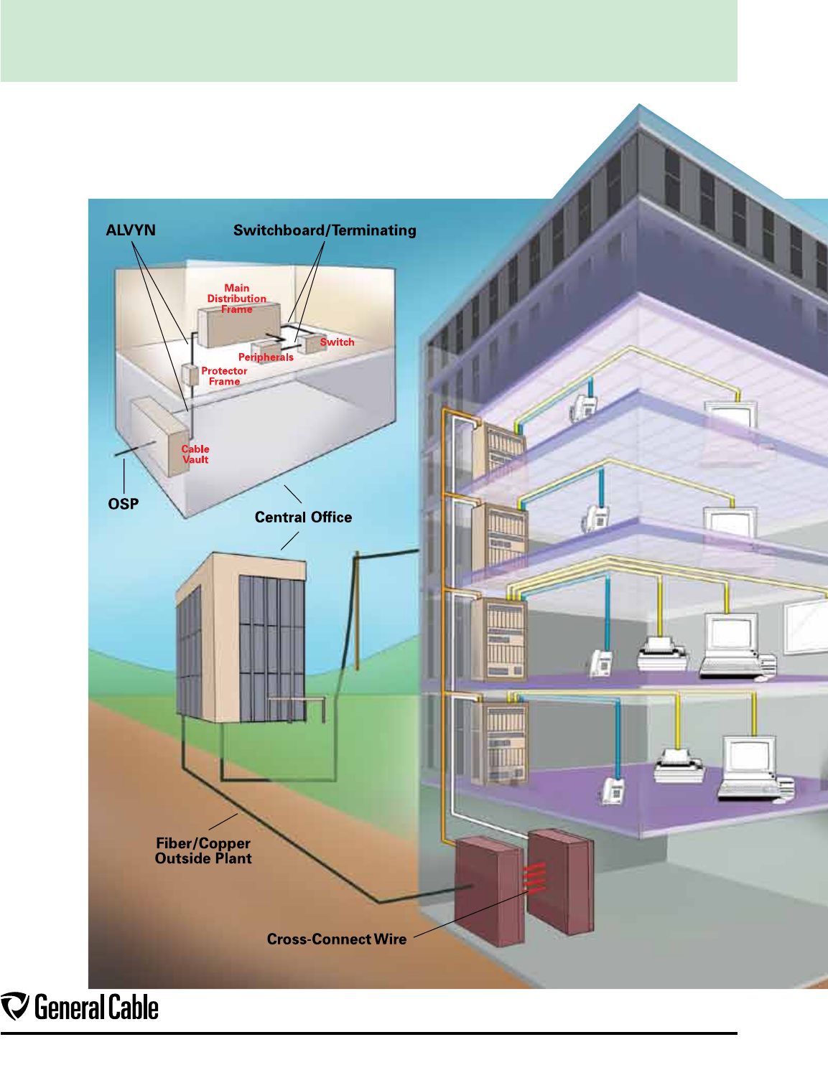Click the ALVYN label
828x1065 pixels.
point(131,230)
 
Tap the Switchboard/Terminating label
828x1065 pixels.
point(325,230)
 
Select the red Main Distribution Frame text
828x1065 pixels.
point(237,299)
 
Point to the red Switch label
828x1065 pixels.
point(337,342)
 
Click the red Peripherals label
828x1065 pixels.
point(266,357)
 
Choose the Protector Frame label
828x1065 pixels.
point(224,376)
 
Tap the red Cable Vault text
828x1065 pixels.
point(195,454)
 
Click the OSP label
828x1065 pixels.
point(124,504)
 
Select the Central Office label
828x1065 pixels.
point(303,517)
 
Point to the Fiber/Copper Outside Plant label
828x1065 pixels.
point(203,851)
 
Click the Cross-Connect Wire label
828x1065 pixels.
point(337,939)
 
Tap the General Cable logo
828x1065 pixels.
point(80,1008)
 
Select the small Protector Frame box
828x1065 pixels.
point(190,375)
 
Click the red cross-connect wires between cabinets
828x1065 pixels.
point(534,878)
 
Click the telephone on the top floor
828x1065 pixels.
point(583,408)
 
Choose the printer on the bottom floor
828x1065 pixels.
point(678,766)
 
